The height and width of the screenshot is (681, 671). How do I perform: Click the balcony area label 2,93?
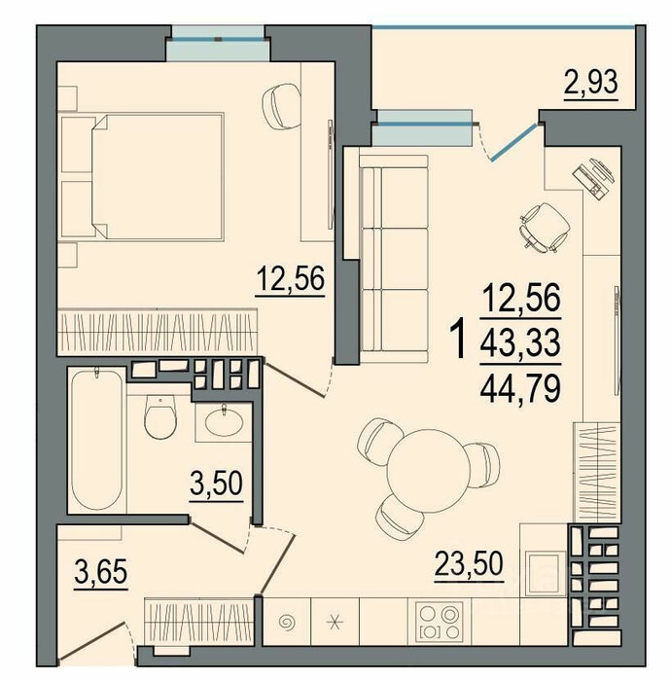click(x=590, y=83)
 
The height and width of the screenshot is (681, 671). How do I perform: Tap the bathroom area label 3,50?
click(x=216, y=484)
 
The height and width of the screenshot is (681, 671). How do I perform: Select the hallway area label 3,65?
click(x=101, y=572)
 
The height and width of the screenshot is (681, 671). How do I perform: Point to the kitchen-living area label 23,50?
click(x=469, y=563)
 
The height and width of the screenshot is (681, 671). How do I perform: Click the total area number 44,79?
click(x=520, y=388)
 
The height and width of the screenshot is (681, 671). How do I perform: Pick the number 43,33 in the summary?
click(x=520, y=341)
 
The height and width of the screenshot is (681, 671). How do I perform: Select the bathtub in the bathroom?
click(x=97, y=439)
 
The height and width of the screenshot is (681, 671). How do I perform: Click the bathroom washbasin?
click(x=224, y=422)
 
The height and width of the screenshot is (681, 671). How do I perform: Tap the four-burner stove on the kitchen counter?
click(x=440, y=622)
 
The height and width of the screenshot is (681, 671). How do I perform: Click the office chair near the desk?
click(x=545, y=228)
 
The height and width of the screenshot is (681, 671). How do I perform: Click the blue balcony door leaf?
click(x=513, y=142)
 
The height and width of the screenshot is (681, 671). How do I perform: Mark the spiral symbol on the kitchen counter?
click(x=287, y=623)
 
